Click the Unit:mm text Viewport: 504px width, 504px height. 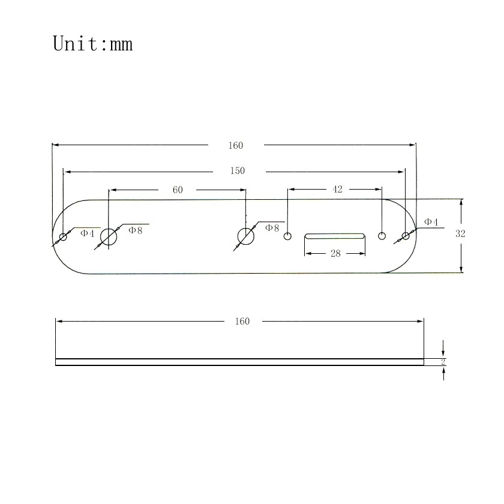pos(92,44)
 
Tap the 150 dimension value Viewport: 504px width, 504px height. pos(238,170)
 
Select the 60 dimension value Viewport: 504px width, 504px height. pos(178,190)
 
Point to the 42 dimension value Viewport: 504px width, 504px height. pos(337,190)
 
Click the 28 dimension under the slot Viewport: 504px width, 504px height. pos(335,254)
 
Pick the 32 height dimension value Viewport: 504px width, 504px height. pos(460,233)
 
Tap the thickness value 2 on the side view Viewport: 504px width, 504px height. pos(443,362)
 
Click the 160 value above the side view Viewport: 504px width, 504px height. pos(242,322)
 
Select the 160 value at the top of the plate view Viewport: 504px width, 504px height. pos(236,146)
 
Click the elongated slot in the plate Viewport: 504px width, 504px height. pos(335,236)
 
